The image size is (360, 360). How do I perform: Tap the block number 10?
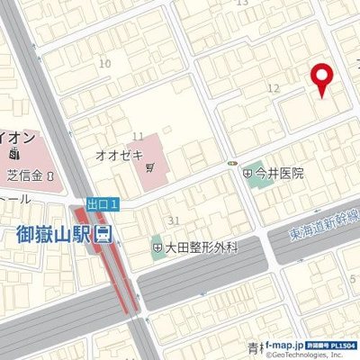pyautogui.click(x=105, y=63)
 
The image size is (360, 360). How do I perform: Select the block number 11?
pyautogui.click(x=138, y=136)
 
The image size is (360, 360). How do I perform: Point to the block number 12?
pyautogui.click(x=274, y=87)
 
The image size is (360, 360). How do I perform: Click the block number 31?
pyautogui.click(x=175, y=220)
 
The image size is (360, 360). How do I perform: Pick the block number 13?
pyautogui.click(x=240, y=4)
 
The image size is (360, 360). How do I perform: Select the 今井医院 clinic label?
pyautogui.click(x=279, y=174)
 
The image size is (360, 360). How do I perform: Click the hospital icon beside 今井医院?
pyautogui.click(x=247, y=174)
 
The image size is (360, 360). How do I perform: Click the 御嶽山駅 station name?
pyautogui.click(x=54, y=235)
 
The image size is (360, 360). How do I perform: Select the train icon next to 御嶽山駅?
pyautogui.click(x=105, y=236)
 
